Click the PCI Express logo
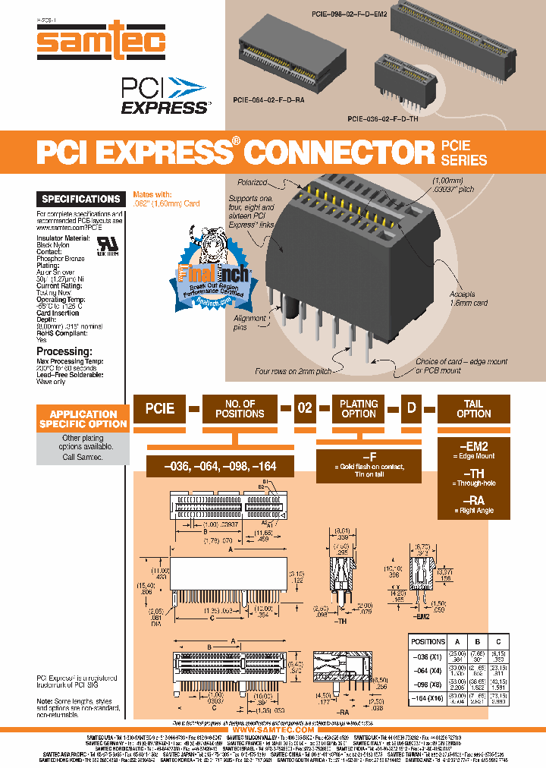[164, 96]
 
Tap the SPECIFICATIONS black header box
[81, 199]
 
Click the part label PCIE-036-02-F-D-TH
[381, 118]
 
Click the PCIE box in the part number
[160, 408]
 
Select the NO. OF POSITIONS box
[240, 408]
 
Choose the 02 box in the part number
[304, 408]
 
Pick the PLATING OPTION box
[359, 408]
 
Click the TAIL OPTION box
[473, 408]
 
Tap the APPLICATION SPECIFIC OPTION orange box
[83, 419]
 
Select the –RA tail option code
[474, 500]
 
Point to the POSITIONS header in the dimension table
[428, 641]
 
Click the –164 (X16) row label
[428, 698]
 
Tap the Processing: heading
[64, 351]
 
